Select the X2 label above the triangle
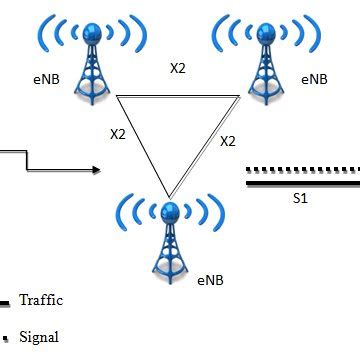click(178, 69)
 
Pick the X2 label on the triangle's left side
click(118, 133)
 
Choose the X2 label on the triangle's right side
click(227, 140)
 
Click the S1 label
click(300, 198)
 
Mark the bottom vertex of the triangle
click(170, 197)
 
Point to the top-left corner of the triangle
click(116, 97)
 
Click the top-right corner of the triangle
click(241, 97)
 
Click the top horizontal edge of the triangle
click(178, 97)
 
